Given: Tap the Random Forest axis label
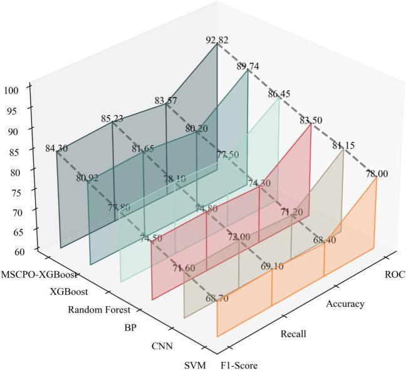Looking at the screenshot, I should tap(98, 309).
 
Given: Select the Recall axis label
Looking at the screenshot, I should tap(293, 334).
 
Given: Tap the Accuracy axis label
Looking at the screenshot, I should tap(346, 304).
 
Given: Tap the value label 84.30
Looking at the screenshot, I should tap(58, 149).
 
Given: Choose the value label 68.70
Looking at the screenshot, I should tap(217, 299).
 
